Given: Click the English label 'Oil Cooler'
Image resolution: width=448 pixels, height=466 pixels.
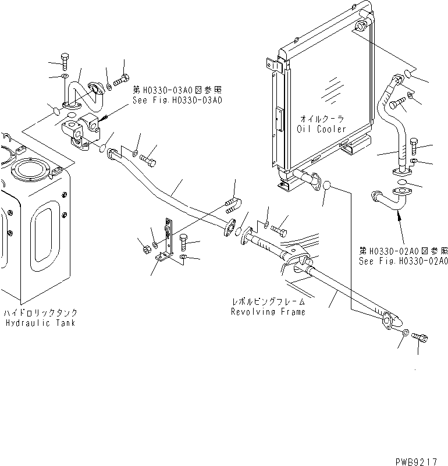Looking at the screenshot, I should (321, 129).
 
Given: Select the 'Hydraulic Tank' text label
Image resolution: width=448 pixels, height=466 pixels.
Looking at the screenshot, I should (40, 323).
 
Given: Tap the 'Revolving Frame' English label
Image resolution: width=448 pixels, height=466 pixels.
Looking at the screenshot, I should (268, 312).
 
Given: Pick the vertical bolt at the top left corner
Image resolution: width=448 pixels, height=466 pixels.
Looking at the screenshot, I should (63, 62).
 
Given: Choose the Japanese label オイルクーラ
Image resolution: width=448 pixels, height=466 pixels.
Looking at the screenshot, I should (321, 119).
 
